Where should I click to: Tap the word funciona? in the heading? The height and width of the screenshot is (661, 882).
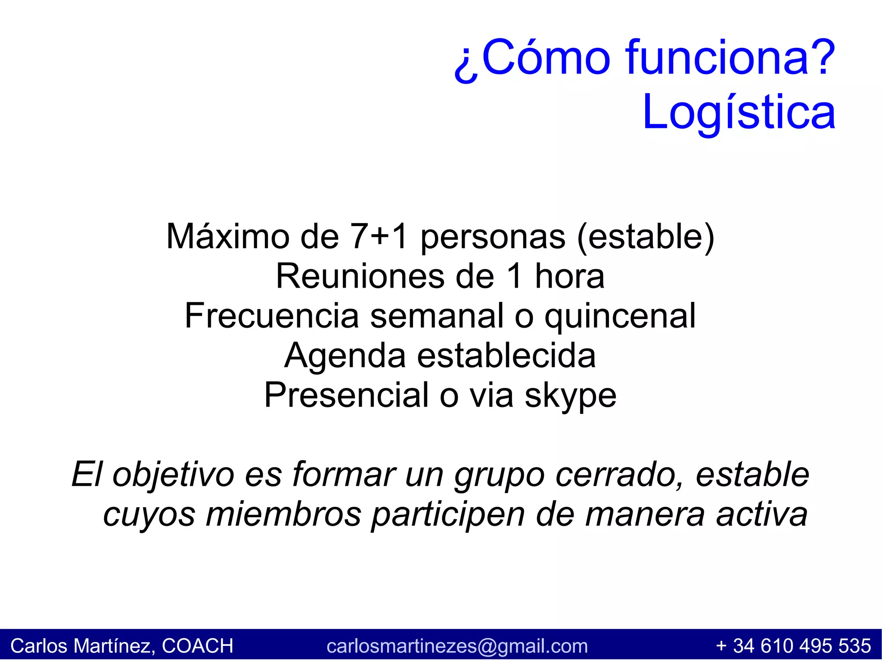730,57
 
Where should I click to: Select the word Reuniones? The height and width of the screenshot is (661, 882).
360,276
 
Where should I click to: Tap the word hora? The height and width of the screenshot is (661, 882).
569,276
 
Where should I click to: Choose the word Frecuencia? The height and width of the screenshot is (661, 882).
272,316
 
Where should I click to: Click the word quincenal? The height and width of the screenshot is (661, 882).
620,316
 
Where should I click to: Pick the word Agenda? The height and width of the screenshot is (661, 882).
345,356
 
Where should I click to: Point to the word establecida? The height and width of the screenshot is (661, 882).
506,356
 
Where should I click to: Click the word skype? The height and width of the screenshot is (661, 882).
570,395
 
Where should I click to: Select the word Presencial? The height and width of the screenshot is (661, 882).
346,395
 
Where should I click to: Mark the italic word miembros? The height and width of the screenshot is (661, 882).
283,514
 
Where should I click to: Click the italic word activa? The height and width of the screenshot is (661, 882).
761,514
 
